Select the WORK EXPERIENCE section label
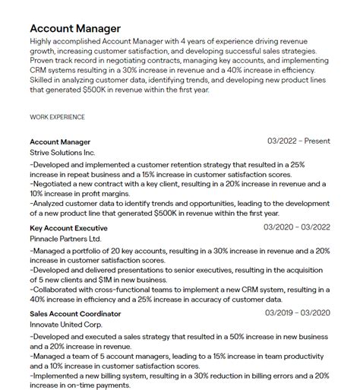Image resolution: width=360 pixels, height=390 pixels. coord(57,117)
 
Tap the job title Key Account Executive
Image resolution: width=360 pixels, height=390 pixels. coord(68,228)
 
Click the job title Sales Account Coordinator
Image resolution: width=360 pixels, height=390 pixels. coord(75,314)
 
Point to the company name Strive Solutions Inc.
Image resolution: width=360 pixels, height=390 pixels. coord(63,152)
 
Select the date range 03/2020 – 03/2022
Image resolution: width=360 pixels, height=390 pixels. coord(297,227)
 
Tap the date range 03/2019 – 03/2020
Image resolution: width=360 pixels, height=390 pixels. coord(298,313)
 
